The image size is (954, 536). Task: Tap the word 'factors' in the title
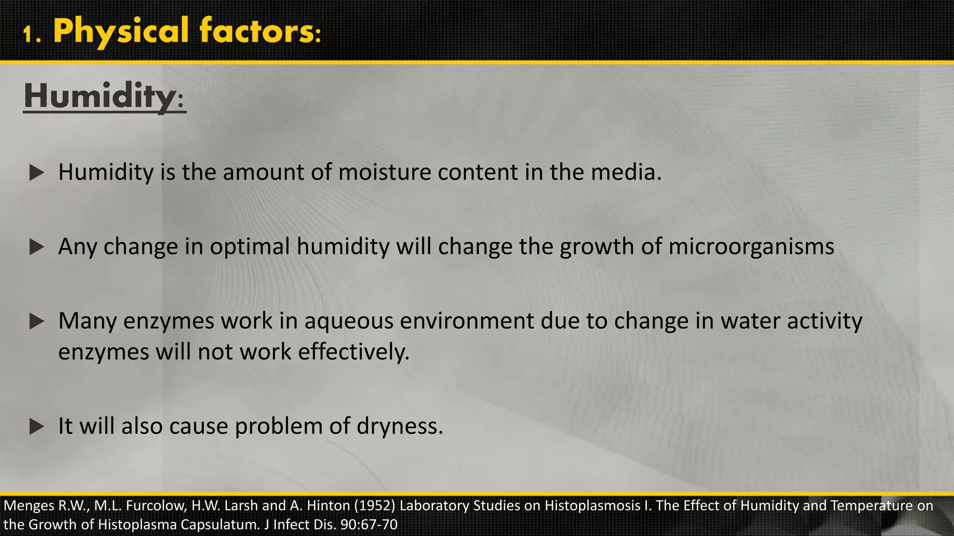pos(256,31)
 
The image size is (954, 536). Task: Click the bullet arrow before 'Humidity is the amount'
pos(37,173)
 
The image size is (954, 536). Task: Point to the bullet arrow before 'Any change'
pos(37,247)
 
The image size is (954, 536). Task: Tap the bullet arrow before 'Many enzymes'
pos(37,322)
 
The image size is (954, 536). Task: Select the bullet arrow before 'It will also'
pos(37,427)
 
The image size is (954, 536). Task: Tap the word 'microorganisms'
pos(751,247)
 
